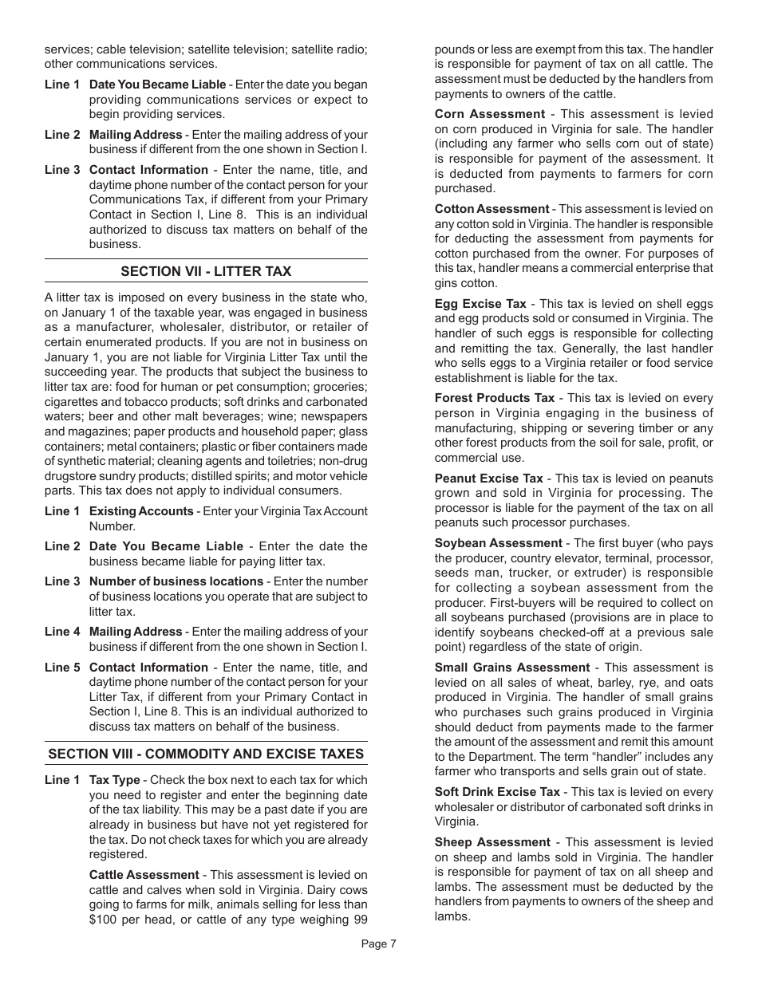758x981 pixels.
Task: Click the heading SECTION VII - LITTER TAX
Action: point(206,271)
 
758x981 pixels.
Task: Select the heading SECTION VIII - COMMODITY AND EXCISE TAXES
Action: point(206,754)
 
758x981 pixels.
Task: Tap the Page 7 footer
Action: point(378,944)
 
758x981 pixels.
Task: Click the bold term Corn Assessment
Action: point(489,114)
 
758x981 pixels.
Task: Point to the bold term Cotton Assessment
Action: point(492,209)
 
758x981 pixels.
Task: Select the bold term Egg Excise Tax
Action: point(480,304)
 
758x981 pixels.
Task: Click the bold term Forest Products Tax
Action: point(494,398)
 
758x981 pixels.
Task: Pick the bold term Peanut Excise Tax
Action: point(488,479)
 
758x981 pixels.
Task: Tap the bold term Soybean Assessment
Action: point(498,543)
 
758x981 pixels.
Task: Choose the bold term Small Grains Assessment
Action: point(511,668)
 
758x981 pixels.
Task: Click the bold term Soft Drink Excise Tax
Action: point(497,792)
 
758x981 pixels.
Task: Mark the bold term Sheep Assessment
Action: point(492,842)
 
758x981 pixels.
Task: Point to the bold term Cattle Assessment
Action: point(144,875)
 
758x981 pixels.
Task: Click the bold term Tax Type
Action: point(114,780)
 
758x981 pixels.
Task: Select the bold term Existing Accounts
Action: point(141,511)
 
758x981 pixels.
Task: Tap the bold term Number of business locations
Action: point(176,581)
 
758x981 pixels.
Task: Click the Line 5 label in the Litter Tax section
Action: point(61,668)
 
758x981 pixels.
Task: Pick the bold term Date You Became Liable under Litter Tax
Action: point(166,546)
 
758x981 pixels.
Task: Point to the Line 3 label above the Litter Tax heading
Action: point(61,170)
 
